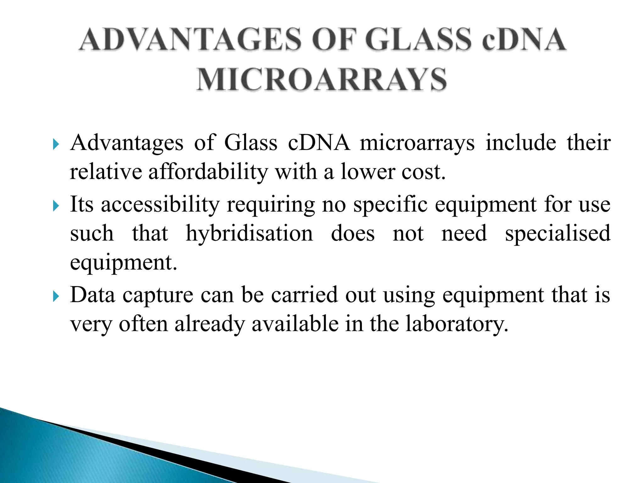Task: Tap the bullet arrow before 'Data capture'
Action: [56, 296]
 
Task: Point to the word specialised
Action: [558, 233]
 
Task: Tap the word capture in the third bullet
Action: [158, 296]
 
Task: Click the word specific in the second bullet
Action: [390, 204]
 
